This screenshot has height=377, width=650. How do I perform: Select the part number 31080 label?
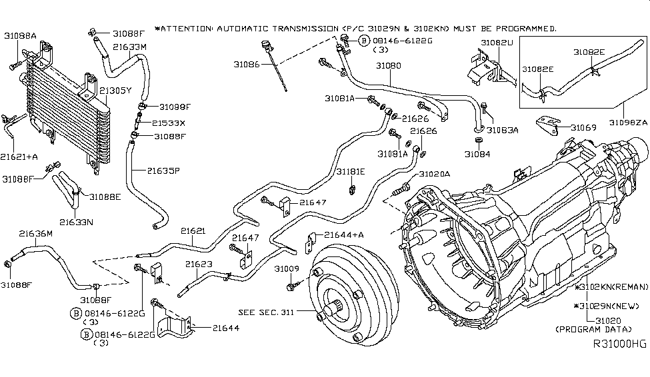pyautogui.click(x=388, y=67)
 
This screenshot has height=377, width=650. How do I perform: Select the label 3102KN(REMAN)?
pyautogui.click(x=614, y=287)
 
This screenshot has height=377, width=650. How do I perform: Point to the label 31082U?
pyautogui.click(x=497, y=43)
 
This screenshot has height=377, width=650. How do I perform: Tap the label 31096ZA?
pyautogui.click(x=627, y=122)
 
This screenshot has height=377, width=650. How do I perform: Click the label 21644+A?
pyautogui.click(x=343, y=234)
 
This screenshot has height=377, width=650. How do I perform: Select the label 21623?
pyautogui.click(x=199, y=264)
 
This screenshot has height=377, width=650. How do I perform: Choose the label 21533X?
pyautogui.click(x=168, y=123)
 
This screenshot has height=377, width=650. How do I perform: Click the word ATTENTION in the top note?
pyautogui.click(x=187, y=29)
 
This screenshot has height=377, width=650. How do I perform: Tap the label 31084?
pyautogui.click(x=477, y=154)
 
